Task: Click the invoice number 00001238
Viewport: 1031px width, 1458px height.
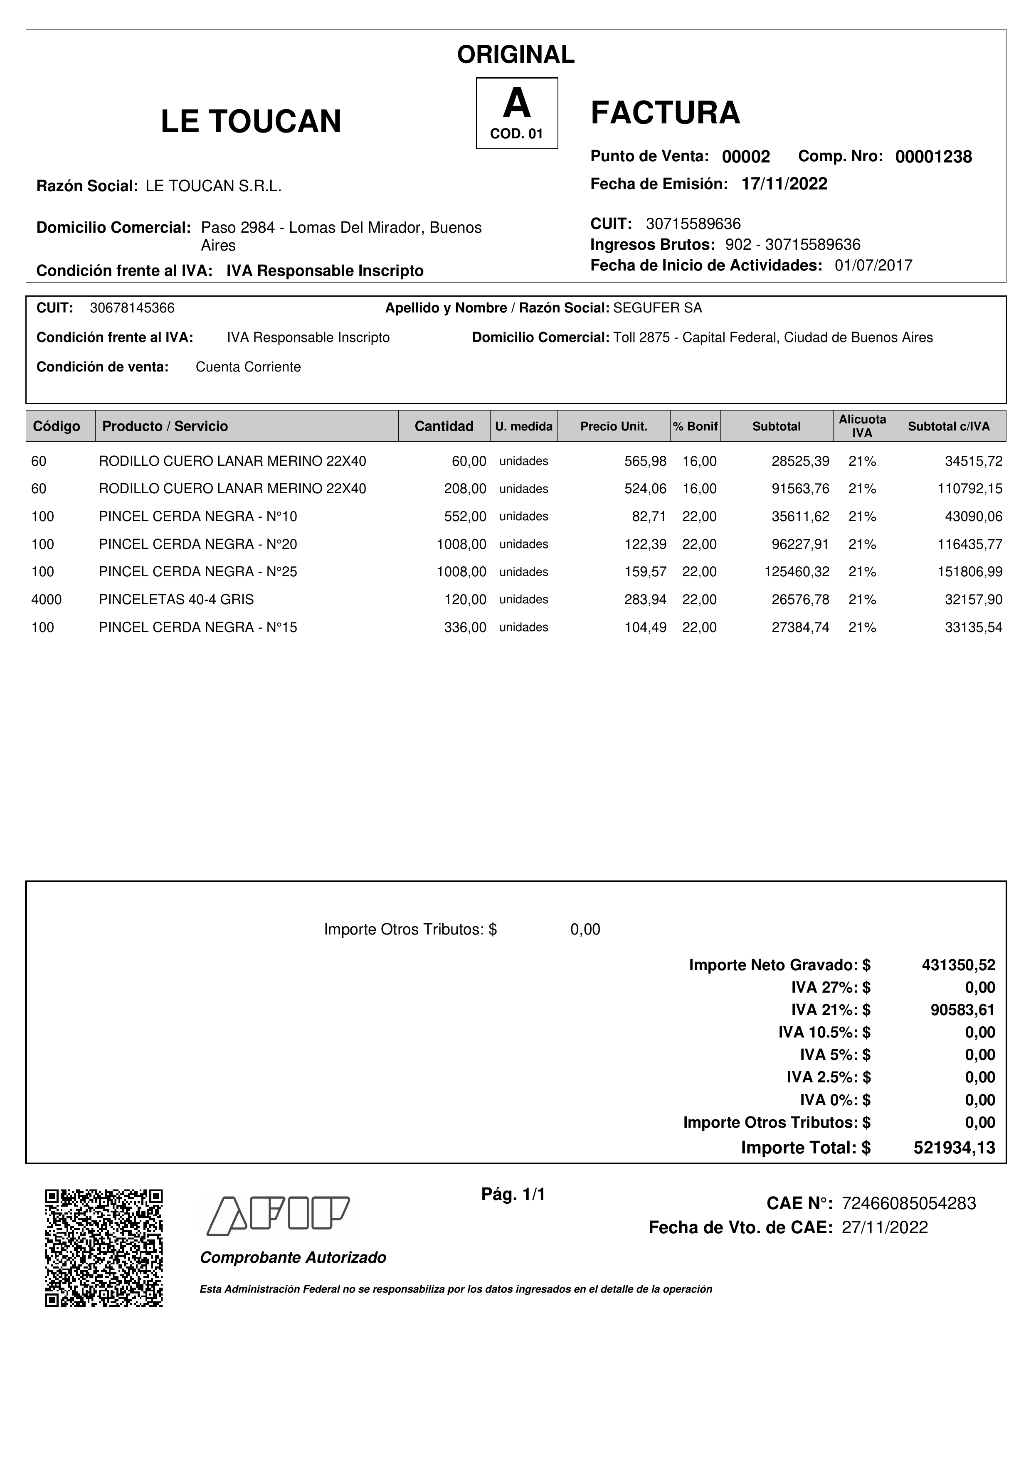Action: tap(933, 157)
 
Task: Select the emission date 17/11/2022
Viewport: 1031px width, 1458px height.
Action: tap(784, 184)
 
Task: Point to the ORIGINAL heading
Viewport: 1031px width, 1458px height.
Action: tap(515, 54)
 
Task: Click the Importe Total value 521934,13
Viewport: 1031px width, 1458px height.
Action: tap(954, 1148)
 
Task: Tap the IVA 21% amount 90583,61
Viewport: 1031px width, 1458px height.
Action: tap(962, 1010)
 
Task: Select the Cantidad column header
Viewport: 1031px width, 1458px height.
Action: tap(444, 426)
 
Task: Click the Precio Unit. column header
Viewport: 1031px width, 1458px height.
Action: tap(614, 426)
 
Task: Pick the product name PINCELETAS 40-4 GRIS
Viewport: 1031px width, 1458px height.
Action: tap(176, 600)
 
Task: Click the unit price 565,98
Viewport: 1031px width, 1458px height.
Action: tap(645, 462)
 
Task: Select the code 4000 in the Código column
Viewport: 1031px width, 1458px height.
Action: tap(47, 600)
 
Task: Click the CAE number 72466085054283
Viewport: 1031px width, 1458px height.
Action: tap(908, 1203)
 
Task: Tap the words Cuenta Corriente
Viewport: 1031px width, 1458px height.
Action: tap(248, 367)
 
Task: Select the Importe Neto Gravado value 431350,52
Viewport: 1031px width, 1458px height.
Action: tap(958, 965)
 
